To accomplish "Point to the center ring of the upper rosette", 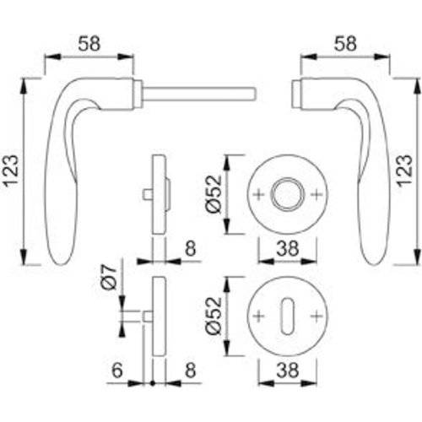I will point(286,193).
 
